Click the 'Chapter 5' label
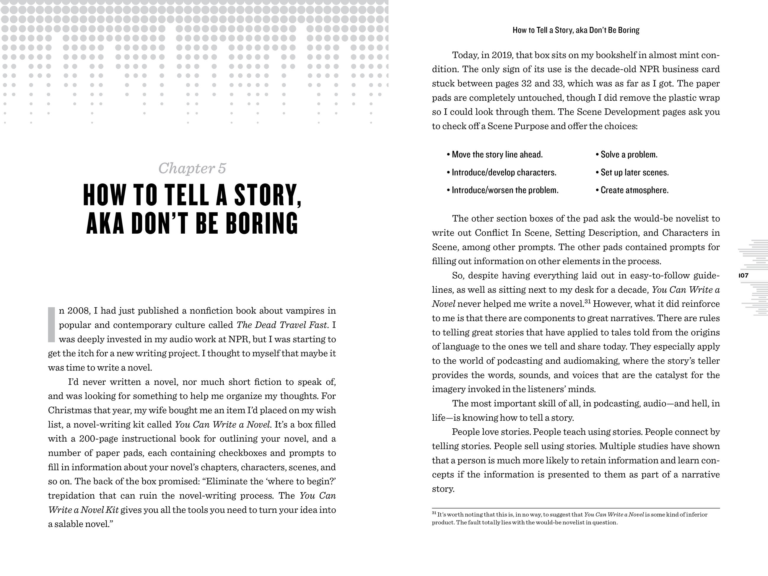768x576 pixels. coord(192,168)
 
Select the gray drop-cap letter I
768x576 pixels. coord(51,325)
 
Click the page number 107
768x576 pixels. coord(744,276)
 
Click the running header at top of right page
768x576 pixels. coord(576,30)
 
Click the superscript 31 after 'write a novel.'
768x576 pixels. coord(588,301)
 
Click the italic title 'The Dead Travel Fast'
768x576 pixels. coord(282,325)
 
